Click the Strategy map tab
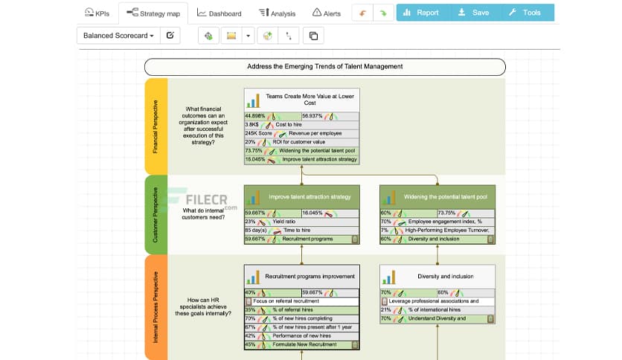point(153,13)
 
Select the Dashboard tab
point(219,13)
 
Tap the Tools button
point(525,13)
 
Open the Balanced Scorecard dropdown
point(118,35)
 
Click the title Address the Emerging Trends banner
point(324,66)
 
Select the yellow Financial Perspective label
point(155,126)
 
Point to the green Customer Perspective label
point(155,214)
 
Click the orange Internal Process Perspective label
point(155,306)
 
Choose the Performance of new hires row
point(301,335)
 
